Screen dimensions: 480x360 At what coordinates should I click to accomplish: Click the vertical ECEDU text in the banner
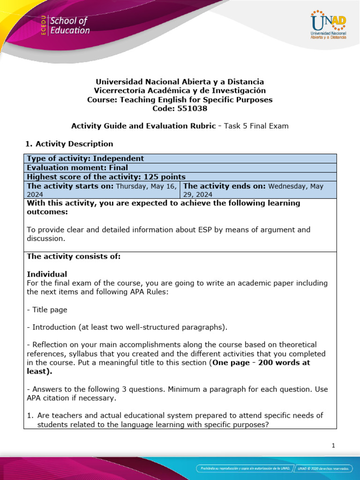coord(43,26)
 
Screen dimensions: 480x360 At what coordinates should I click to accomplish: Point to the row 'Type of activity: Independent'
coord(85,158)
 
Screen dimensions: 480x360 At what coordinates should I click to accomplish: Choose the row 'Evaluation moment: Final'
coord(77,167)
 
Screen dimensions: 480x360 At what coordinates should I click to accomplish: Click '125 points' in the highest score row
coord(165,177)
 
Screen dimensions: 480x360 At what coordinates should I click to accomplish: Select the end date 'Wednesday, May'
coord(296,186)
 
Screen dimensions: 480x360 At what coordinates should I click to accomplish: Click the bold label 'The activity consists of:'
coord(74,256)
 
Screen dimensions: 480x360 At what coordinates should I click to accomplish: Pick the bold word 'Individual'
coord(47,274)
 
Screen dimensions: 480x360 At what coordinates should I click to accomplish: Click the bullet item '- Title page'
coord(47,310)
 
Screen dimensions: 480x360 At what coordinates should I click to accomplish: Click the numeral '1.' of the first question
coord(30,416)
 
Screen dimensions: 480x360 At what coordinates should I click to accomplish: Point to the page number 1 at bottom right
coord(333,446)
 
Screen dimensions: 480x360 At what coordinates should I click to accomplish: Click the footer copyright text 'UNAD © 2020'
coord(309,468)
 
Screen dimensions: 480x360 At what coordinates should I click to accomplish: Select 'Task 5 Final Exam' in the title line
coord(256,126)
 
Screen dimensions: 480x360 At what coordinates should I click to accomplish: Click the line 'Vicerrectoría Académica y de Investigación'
coord(180,90)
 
